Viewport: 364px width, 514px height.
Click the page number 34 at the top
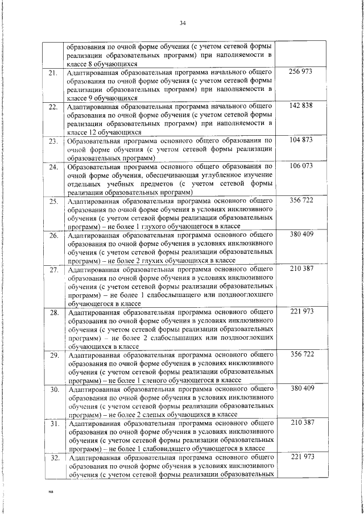click(183, 23)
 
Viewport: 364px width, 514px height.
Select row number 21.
click(53, 74)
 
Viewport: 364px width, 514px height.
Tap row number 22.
click(53, 107)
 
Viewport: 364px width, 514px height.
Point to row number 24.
click(53, 168)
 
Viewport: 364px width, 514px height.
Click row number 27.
click(53, 269)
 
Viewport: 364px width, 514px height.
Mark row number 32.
click(53, 457)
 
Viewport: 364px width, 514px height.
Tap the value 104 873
click(301, 139)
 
